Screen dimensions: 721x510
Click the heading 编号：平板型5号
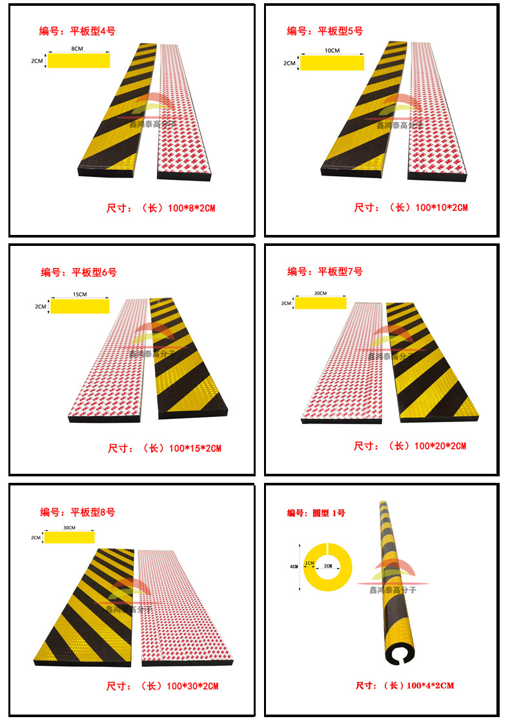point(325,31)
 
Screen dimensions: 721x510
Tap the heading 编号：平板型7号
point(325,272)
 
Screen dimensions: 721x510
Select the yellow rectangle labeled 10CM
point(332,63)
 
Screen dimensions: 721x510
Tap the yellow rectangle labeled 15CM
point(80,306)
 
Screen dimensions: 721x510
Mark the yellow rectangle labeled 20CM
point(320,303)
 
